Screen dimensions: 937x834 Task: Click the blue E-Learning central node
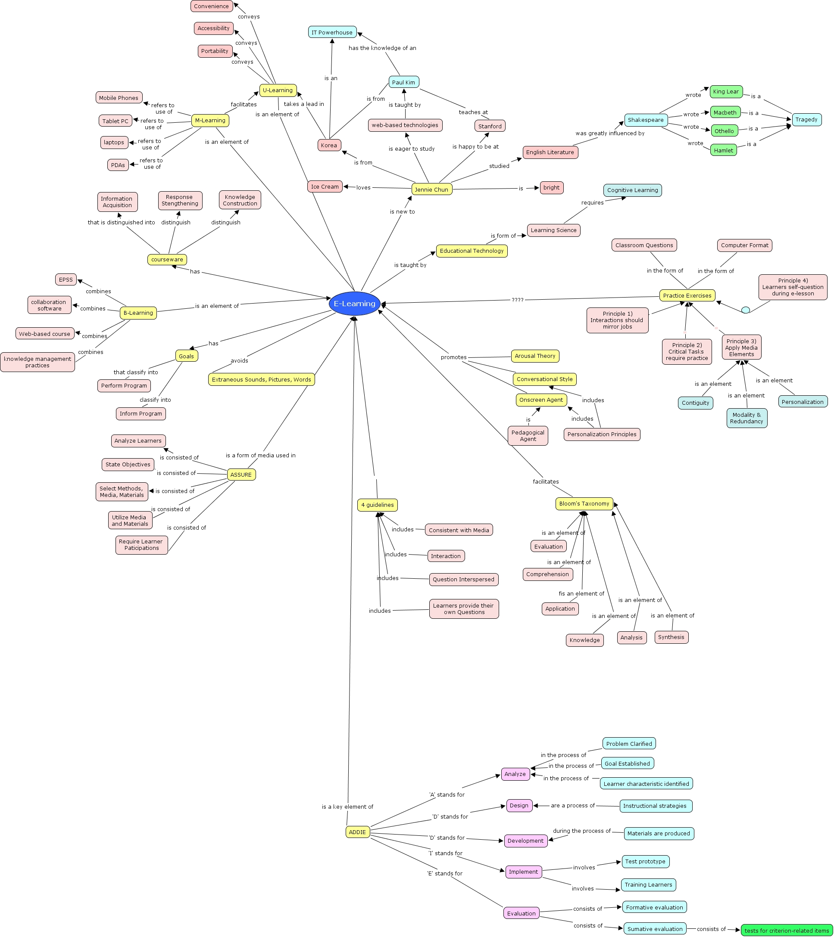(x=354, y=304)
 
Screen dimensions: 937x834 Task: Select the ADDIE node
(x=357, y=832)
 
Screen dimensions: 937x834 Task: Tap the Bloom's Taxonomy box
(x=584, y=503)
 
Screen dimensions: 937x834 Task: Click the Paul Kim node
(x=403, y=82)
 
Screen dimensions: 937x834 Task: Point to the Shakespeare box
(x=646, y=120)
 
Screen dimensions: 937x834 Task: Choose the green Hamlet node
(x=723, y=150)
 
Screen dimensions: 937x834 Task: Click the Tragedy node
(x=806, y=120)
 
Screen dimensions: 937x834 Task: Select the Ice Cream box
(x=324, y=186)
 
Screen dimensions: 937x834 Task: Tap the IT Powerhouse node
(x=332, y=32)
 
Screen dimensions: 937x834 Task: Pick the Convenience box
(x=211, y=6)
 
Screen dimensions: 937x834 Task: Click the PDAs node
(x=118, y=165)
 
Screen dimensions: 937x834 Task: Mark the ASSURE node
(x=241, y=475)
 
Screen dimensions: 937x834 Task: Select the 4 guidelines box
(x=377, y=505)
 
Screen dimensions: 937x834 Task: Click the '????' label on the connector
(x=517, y=300)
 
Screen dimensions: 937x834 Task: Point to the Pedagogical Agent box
(x=528, y=435)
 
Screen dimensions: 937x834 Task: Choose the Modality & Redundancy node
(x=747, y=418)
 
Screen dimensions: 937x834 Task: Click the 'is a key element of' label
(x=347, y=807)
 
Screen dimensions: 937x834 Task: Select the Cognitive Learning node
(x=632, y=190)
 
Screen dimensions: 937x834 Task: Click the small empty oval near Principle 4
(x=746, y=310)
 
